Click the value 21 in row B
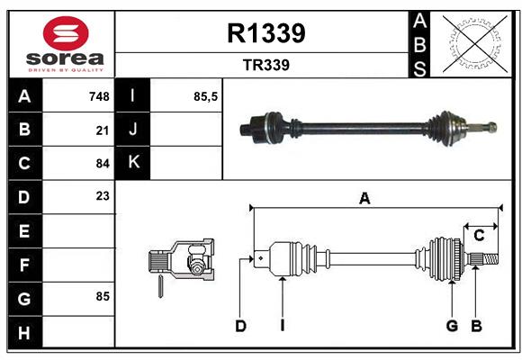click(102, 130)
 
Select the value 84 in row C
click(102, 164)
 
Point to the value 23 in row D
click(102, 195)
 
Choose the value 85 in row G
click(102, 296)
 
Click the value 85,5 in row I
click(206, 96)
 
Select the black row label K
click(134, 163)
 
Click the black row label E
click(24, 231)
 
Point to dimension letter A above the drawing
click(364, 198)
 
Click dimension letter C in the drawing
click(479, 235)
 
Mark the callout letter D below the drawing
click(240, 326)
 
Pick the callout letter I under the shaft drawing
click(282, 326)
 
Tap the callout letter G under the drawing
click(452, 326)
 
